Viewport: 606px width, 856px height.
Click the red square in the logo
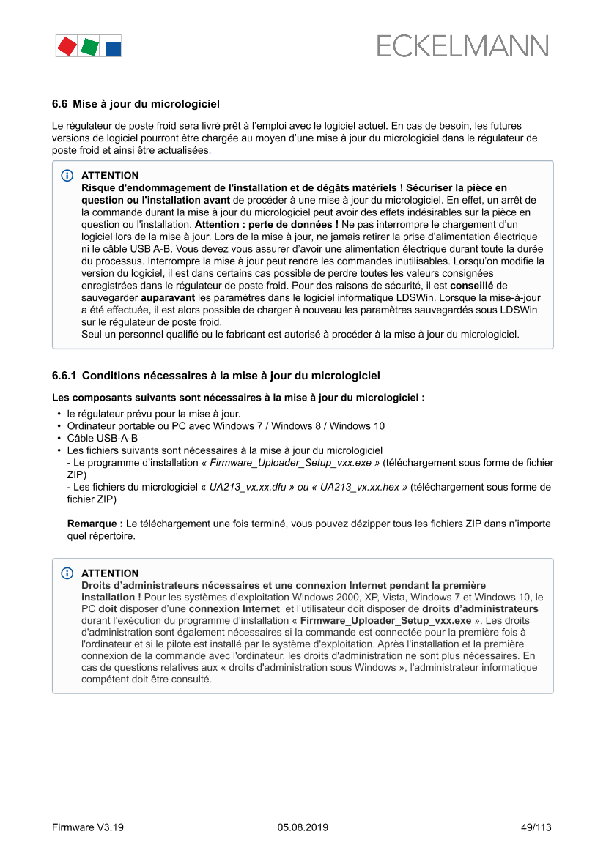66,46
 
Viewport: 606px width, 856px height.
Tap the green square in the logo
89,47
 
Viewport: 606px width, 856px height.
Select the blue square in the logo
114,48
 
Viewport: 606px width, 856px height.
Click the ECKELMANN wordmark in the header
462,46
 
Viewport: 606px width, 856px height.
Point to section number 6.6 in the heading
59,104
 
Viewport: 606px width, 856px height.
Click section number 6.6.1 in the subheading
64,376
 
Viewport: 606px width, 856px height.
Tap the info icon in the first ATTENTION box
67,176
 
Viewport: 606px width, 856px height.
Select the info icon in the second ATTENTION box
67,573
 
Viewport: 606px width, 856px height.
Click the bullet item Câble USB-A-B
103,438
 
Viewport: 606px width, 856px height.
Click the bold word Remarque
95,524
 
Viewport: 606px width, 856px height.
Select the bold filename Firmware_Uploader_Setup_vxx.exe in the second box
386,620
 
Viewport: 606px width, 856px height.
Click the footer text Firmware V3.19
88,827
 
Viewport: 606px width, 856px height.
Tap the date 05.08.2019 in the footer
303,827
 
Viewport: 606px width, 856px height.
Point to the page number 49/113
536,827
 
